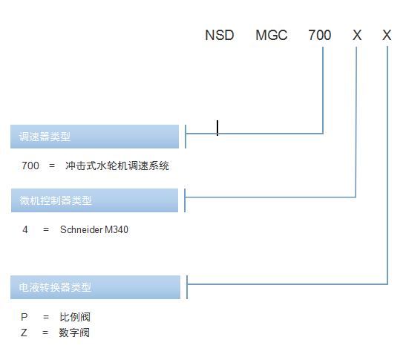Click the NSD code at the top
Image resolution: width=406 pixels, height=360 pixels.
pyautogui.click(x=219, y=35)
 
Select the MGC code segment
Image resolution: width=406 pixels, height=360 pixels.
pyautogui.click(x=272, y=35)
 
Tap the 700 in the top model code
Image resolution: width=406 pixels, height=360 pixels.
pyautogui.click(x=319, y=35)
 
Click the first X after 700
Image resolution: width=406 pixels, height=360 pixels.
pyautogui.click(x=357, y=35)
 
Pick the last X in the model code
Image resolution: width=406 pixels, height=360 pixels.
pyautogui.click(x=387, y=35)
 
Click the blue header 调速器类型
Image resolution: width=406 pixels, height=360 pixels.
pyautogui.click(x=94, y=137)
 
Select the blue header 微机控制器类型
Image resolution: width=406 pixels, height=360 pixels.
pyautogui.click(x=94, y=200)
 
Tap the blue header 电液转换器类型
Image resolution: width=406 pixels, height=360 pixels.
pyautogui.click(x=95, y=287)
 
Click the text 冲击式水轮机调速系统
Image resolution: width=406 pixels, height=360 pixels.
pyautogui.click(x=117, y=166)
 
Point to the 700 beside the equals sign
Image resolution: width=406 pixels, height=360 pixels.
pyautogui.click(x=30, y=166)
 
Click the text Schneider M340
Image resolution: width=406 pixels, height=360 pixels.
pyautogui.click(x=94, y=229)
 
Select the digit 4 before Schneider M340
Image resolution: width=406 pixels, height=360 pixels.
pyautogui.click(x=25, y=229)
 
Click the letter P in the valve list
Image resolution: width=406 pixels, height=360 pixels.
pyautogui.click(x=24, y=317)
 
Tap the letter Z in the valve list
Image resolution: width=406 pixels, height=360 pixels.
pyautogui.click(x=24, y=333)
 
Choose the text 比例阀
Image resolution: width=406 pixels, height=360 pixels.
pyautogui.click(x=75, y=317)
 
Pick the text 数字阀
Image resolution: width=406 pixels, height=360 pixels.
pyautogui.click(x=74, y=333)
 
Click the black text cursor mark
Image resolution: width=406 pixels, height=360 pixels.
pyautogui.click(x=217, y=128)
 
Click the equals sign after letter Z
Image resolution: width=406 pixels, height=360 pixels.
pyautogui.click(x=45, y=333)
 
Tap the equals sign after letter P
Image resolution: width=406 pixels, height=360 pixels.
pyautogui.click(x=46, y=317)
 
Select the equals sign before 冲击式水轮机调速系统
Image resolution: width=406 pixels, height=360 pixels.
pyautogui.click(x=52, y=166)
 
